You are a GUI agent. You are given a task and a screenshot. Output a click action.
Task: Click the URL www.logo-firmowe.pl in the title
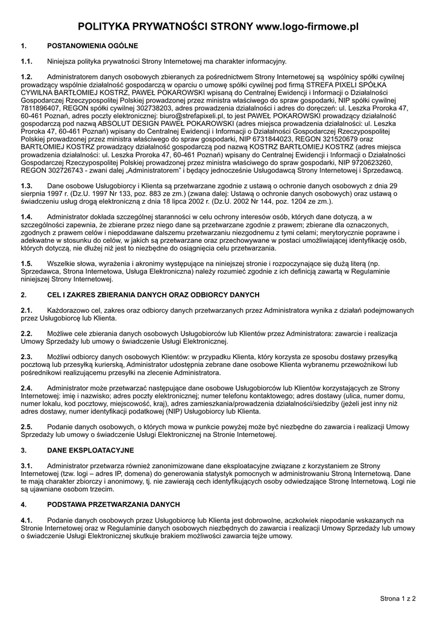coord(307,27)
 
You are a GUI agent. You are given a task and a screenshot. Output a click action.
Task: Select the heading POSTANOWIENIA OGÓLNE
coord(93,46)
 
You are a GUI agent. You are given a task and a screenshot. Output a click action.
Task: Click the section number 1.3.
coord(27,186)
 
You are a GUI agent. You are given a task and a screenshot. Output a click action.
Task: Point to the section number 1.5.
coord(27,264)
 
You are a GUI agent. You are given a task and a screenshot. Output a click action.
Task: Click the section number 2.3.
coord(27,357)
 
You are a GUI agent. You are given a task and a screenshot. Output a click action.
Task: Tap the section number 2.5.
coord(27,427)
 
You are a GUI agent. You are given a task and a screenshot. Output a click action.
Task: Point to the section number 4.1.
coord(27,519)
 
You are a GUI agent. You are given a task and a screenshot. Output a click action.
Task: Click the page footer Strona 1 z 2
coord(398,599)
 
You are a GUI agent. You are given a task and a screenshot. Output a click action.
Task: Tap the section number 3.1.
coord(27,466)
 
